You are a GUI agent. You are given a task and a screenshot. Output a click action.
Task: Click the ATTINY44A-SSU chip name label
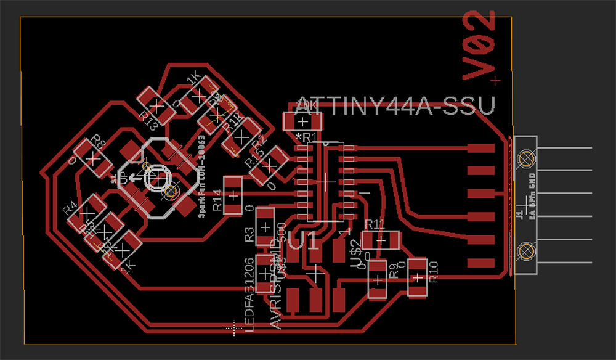tap(394, 106)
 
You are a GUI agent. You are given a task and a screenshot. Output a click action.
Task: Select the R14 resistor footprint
tap(233, 195)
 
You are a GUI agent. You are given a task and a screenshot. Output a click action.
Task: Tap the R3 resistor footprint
tap(265, 226)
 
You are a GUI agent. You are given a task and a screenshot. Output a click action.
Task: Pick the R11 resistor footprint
tap(380, 240)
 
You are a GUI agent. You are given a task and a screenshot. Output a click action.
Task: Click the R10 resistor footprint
tap(417, 277)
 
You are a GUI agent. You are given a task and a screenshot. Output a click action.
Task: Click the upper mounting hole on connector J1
tap(525, 160)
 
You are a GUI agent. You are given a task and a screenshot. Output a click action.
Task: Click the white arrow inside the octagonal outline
tap(132, 180)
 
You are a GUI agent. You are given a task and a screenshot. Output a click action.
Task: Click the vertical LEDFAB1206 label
tap(249, 293)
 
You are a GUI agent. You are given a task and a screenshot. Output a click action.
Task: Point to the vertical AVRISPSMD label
tap(275, 290)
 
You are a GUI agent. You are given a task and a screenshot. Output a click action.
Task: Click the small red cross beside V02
tap(498, 80)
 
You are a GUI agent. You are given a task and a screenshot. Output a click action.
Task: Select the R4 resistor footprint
tap(84, 210)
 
